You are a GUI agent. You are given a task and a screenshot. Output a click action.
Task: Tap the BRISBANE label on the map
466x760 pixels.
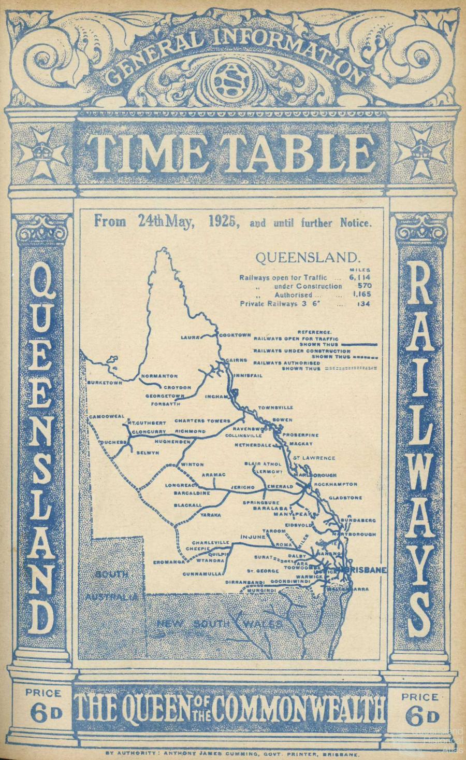(368, 570)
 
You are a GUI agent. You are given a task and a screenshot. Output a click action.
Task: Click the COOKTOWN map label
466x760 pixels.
(235, 335)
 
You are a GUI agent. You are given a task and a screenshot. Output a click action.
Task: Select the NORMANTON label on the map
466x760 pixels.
(159, 376)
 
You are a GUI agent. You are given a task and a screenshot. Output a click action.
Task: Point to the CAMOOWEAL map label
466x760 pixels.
(104, 416)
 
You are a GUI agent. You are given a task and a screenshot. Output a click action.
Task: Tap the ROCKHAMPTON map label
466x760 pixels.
(336, 484)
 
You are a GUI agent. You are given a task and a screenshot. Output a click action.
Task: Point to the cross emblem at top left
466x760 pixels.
(42, 151)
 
